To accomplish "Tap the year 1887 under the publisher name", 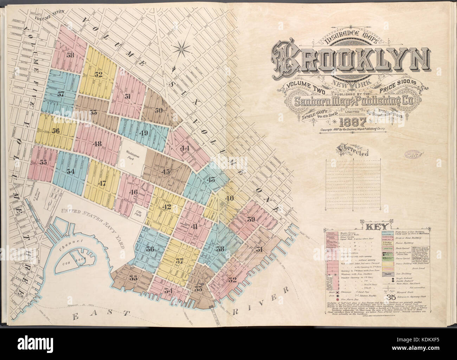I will [353, 123].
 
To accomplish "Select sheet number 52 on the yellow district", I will [98, 74].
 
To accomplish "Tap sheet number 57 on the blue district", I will [61, 94].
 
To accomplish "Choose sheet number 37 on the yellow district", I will [180, 261].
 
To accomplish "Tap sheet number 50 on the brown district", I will [158, 110].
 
